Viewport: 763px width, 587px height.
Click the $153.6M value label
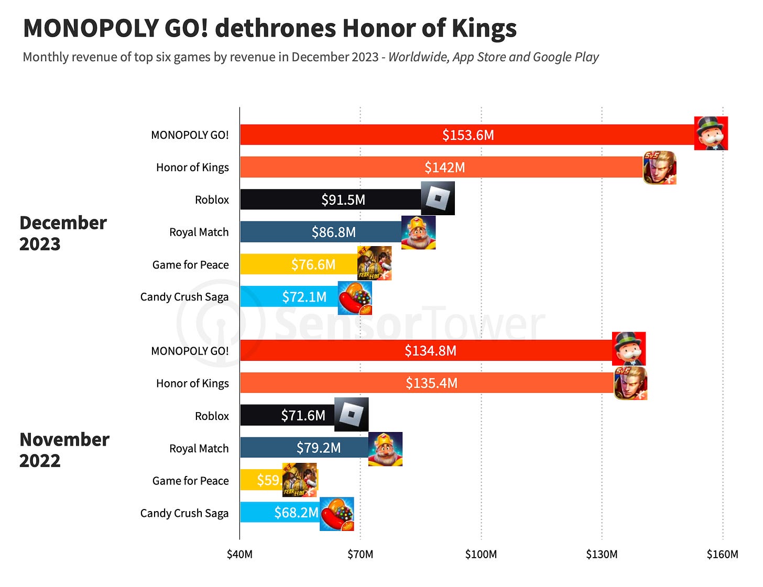coord(468,135)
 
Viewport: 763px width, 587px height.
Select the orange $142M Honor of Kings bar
coord(367,168)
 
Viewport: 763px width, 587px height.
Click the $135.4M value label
coord(431,383)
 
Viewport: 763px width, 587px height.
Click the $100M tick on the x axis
coord(481,554)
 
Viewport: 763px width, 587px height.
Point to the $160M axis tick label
coord(722,554)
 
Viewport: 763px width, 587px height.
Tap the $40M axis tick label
coord(239,554)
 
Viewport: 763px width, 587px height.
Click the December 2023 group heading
coord(63,233)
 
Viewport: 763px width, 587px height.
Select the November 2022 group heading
coord(64,450)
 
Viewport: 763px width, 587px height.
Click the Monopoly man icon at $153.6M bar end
coord(711,134)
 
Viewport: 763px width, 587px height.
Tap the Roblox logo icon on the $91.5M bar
coord(438,198)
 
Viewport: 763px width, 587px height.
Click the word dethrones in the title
coord(276,28)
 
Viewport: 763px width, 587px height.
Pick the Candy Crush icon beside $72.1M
coord(355,298)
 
